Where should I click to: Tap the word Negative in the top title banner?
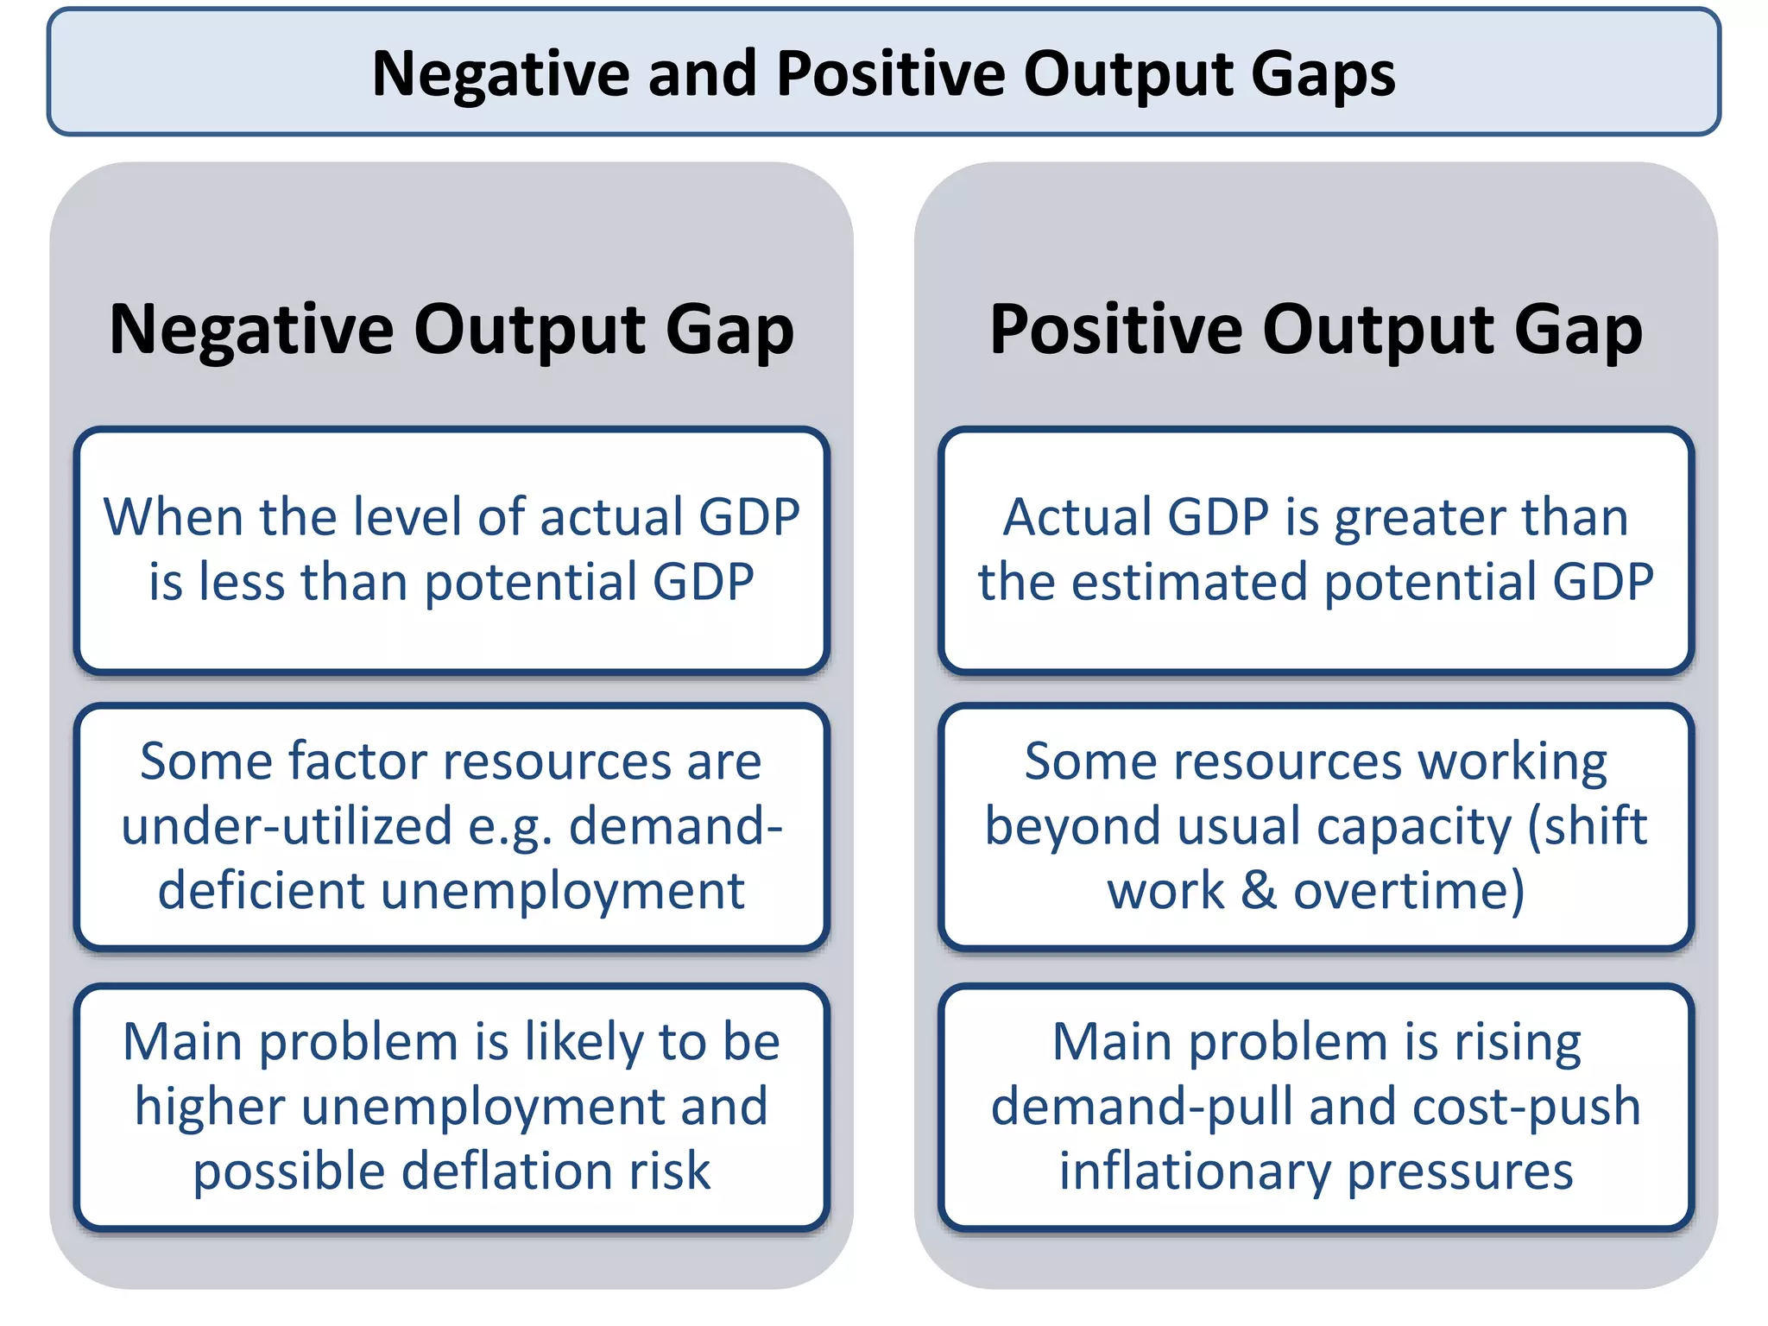click(502, 73)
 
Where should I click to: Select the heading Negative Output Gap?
click(451, 330)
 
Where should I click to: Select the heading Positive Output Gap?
click(1316, 330)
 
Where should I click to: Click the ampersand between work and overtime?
click(1259, 891)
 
